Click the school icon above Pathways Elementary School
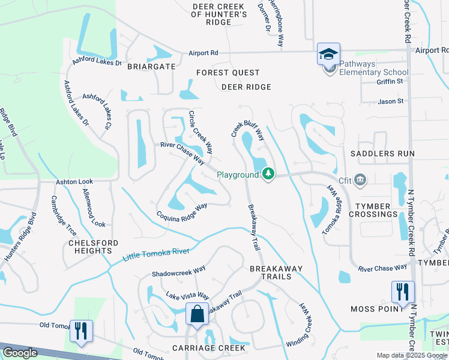[x=328, y=55]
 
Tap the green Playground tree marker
[x=268, y=175]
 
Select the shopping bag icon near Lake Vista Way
[x=197, y=313]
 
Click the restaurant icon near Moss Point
[x=403, y=292]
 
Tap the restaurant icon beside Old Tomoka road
[x=81, y=331]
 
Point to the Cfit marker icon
[x=360, y=178]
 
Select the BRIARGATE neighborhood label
[x=151, y=67]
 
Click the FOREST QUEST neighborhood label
[x=228, y=73]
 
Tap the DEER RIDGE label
[x=246, y=87]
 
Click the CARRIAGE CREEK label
[x=208, y=348]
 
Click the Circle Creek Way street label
[x=200, y=130]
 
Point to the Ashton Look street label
[x=74, y=181]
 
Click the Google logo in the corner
[x=20, y=353]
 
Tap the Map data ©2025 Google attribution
[x=412, y=355]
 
